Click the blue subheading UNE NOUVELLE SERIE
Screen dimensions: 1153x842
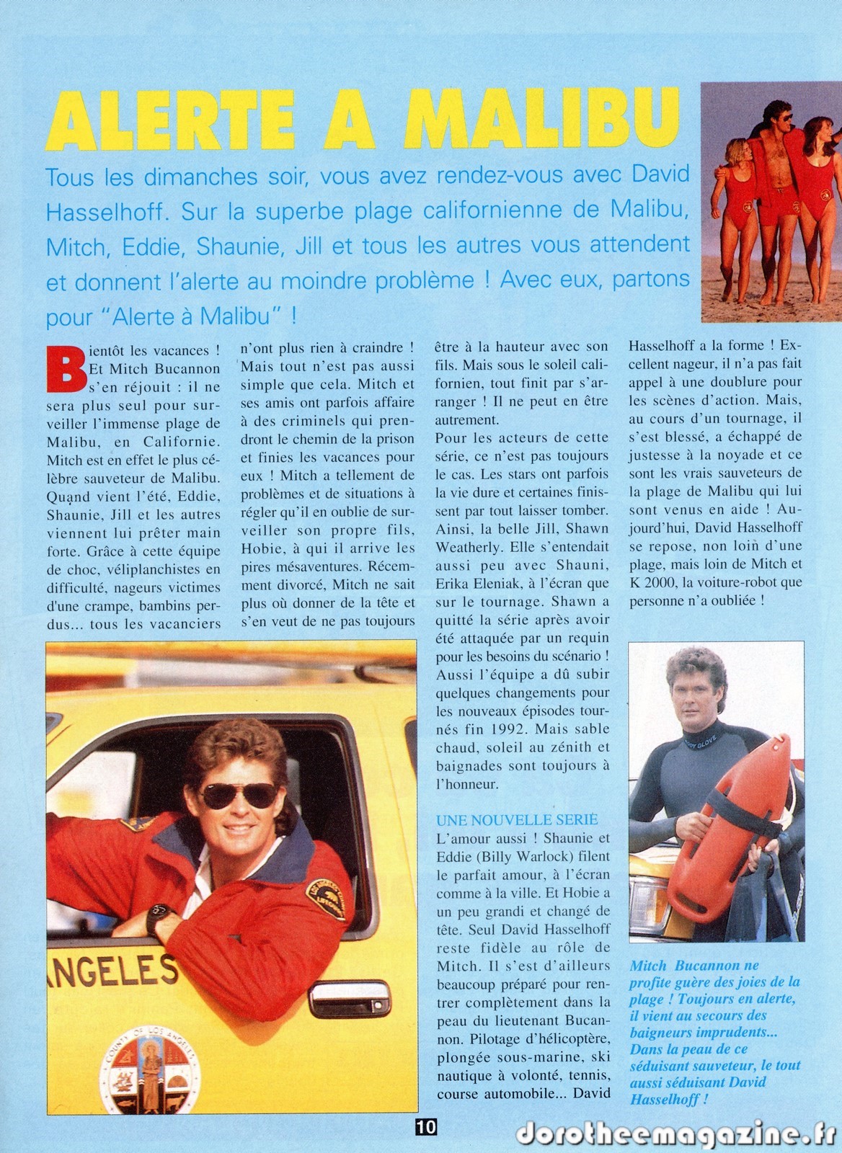(x=517, y=819)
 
